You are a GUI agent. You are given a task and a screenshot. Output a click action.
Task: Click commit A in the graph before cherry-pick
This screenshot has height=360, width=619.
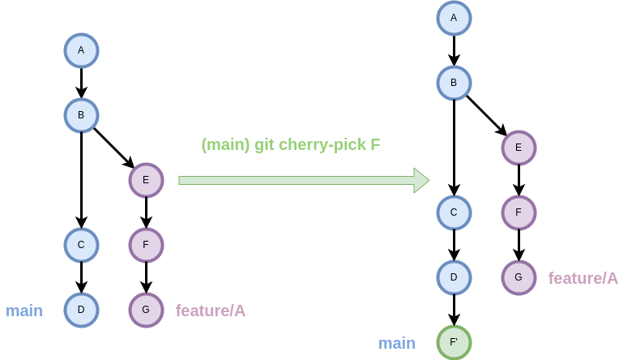[x=81, y=50]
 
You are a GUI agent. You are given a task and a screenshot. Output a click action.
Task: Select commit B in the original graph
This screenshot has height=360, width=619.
[x=81, y=115]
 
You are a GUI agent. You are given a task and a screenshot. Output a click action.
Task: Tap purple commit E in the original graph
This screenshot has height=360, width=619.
[x=146, y=180]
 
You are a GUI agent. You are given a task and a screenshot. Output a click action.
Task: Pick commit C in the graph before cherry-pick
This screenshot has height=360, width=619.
[x=81, y=245]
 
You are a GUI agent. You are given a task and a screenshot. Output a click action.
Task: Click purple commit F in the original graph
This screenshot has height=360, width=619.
[x=146, y=245]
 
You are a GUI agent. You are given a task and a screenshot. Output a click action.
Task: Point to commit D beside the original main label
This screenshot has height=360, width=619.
[x=81, y=310]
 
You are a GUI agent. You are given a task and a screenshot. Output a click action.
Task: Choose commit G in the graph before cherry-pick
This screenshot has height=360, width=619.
[x=146, y=310]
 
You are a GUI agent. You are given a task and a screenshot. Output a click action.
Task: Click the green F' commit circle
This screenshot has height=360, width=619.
[x=454, y=342]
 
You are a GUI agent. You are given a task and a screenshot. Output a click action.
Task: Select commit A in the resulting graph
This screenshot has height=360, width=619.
[x=454, y=18]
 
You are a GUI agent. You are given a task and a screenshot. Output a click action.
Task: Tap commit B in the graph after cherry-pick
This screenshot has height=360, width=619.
[x=454, y=83]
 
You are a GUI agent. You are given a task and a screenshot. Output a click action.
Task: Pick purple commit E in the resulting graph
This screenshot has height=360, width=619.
[x=519, y=148]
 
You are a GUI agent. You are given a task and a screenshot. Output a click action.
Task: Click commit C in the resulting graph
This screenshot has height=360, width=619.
[x=454, y=212]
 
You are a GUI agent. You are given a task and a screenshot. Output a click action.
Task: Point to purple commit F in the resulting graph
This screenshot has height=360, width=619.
[x=519, y=212]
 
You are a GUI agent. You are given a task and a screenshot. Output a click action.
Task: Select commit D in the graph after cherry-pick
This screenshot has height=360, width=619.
[x=454, y=277]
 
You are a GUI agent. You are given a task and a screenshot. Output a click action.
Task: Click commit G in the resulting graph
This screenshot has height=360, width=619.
[x=519, y=277]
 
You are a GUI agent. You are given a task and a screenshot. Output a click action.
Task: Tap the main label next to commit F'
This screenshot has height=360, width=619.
[x=397, y=343]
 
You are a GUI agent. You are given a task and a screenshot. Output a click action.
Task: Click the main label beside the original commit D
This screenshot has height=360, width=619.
[x=24, y=311]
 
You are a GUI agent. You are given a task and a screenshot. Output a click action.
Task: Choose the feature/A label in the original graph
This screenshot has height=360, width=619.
[x=211, y=311]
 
